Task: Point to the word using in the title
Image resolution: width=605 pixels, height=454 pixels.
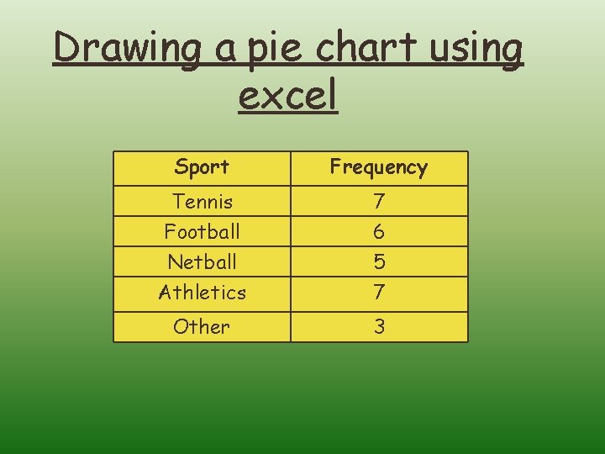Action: tap(477, 50)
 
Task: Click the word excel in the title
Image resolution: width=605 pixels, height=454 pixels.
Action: tap(287, 95)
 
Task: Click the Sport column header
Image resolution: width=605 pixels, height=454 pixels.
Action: tap(202, 167)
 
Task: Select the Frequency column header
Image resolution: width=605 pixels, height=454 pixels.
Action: tap(378, 167)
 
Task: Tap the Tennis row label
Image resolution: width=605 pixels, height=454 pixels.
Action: tap(202, 202)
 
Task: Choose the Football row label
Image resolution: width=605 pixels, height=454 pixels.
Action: tap(202, 231)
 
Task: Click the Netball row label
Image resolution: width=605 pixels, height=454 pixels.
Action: tap(202, 261)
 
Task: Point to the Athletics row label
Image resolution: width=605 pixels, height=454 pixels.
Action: tap(202, 293)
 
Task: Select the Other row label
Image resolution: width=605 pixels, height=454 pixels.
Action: tap(202, 326)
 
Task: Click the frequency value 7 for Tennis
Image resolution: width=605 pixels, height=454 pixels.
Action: tap(379, 202)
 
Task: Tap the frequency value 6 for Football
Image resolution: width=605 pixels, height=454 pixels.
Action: tap(379, 231)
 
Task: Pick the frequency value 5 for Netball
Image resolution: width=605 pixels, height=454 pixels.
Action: tap(379, 262)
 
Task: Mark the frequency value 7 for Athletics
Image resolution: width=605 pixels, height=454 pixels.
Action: tap(379, 293)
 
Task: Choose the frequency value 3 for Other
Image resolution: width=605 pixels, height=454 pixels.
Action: tap(379, 326)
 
